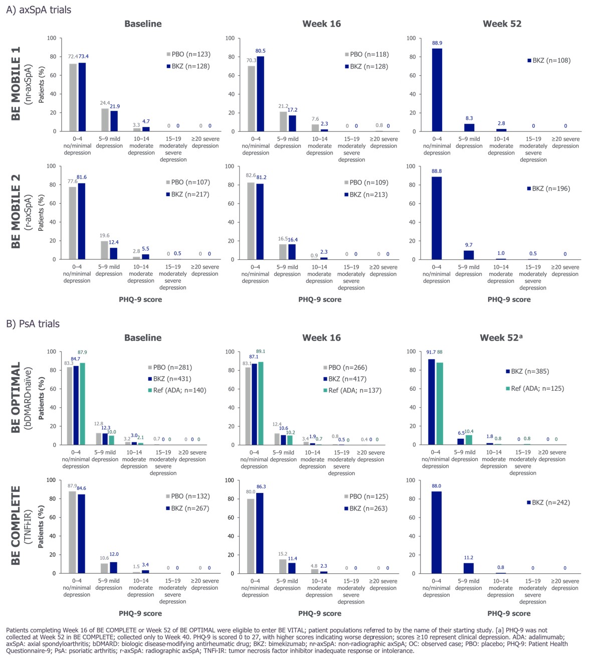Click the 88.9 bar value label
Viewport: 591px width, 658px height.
(x=437, y=43)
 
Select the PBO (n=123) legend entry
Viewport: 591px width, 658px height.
(x=188, y=54)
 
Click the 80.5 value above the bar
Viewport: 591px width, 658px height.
(x=261, y=51)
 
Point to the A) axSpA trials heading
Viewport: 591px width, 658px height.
(x=39, y=10)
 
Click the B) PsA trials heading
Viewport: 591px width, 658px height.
(x=33, y=324)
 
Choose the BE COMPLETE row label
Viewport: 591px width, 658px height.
(x=16, y=525)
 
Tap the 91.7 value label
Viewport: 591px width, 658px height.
(x=431, y=352)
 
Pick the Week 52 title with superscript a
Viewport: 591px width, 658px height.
(x=501, y=338)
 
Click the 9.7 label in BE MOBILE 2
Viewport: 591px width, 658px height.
(x=469, y=245)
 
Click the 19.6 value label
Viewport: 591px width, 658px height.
(x=104, y=236)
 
